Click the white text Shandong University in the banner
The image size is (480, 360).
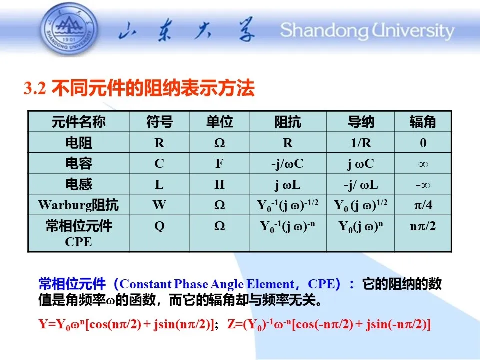(x=367, y=31)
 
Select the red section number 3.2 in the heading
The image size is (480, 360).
(x=35, y=88)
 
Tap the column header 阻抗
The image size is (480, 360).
(x=288, y=122)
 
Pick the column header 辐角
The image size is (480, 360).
(x=423, y=122)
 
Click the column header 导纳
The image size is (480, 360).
(x=361, y=122)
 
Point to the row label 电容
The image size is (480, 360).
(x=79, y=163)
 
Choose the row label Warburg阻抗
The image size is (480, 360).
(x=78, y=205)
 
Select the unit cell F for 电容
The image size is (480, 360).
(x=219, y=164)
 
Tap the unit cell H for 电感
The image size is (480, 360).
(x=219, y=184)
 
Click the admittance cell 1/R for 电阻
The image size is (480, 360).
(x=361, y=143)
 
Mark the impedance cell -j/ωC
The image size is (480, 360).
(x=288, y=164)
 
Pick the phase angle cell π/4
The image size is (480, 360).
(x=423, y=205)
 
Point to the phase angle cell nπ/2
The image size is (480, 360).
(x=423, y=226)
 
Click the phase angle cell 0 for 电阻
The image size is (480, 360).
(x=423, y=143)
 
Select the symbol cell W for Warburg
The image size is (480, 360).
(x=159, y=205)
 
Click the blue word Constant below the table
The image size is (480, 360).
(x=145, y=284)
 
